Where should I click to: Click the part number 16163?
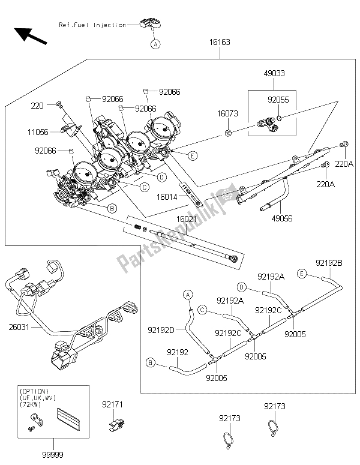220,44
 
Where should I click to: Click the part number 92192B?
329,262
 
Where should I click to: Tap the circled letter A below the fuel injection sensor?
155,44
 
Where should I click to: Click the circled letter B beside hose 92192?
151,362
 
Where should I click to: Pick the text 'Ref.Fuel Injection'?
92,25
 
